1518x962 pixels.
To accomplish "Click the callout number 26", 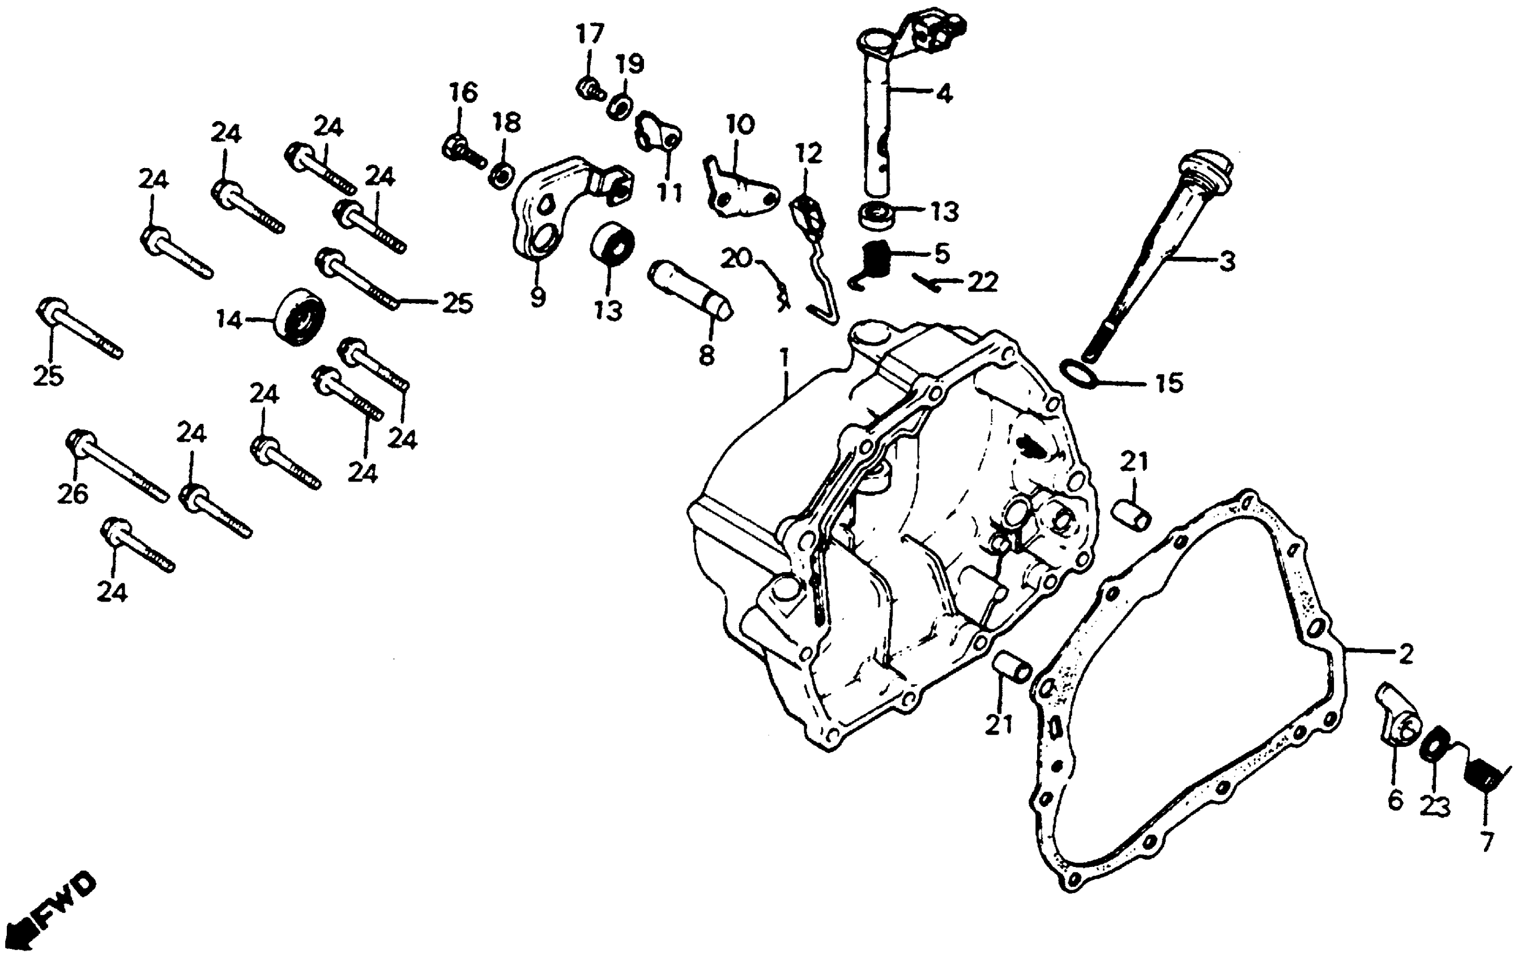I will (73, 494).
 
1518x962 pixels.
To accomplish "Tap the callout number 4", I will (943, 94).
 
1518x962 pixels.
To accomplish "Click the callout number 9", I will (537, 296).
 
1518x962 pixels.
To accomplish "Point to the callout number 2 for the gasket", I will (1406, 654).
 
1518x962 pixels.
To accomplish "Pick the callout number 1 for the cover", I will (784, 359).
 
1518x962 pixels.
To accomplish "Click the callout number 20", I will (737, 257).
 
